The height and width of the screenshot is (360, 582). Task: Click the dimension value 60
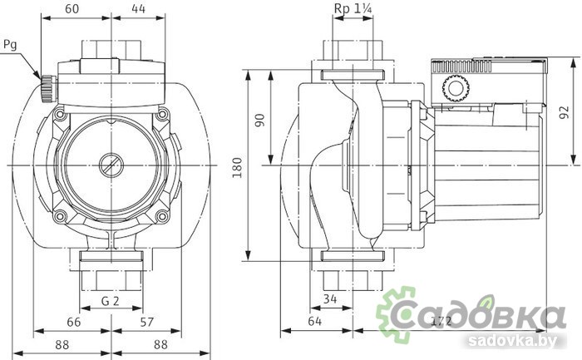[72, 8]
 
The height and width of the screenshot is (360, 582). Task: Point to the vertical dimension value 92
[564, 111]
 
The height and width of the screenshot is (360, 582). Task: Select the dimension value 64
[314, 321]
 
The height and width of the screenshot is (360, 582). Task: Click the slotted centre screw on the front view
[110, 165]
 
